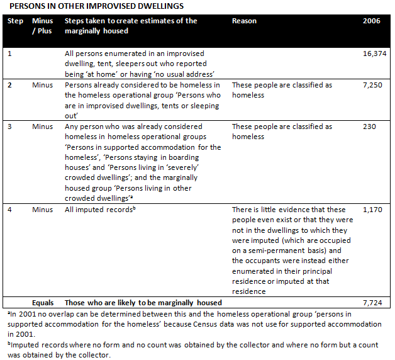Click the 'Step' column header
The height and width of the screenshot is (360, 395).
click(15, 21)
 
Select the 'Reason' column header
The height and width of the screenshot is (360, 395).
click(244, 21)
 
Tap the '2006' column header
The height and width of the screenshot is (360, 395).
click(372, 21)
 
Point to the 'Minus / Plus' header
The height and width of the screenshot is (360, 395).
click(42, 26)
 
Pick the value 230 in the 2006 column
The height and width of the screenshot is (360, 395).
click(370, 127)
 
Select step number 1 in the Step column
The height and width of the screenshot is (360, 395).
click(9, 55)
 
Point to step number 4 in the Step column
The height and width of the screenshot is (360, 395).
click(10, 209)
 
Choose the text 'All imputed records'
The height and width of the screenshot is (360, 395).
click(99, 209)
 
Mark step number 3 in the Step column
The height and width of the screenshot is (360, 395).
click(10, 127)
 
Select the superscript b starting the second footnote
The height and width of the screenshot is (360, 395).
click(6, 343)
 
